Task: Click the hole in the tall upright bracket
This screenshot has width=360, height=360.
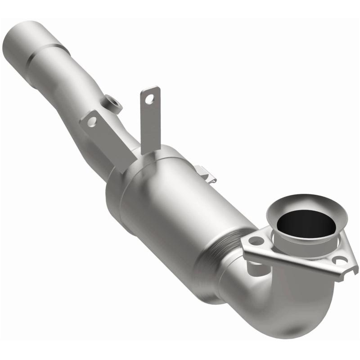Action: (152, 95)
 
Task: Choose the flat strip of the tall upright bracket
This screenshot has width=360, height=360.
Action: (150, 124)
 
